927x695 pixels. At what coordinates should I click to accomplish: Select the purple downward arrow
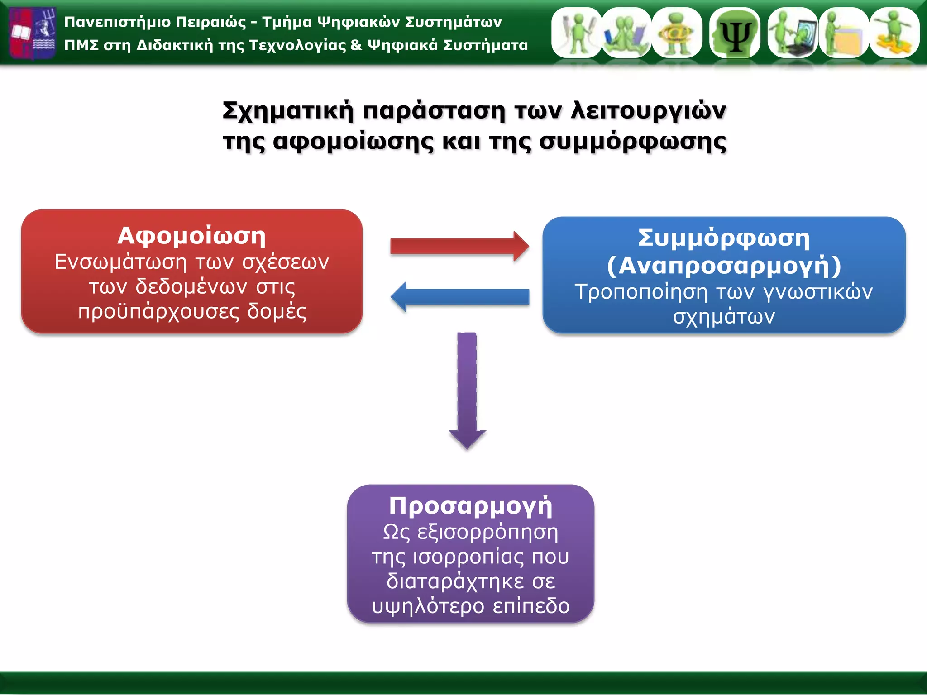[x=467, y=389]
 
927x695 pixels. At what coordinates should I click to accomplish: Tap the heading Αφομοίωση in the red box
[x=191, y=236]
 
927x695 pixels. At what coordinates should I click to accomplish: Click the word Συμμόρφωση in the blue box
[x=724, y=238]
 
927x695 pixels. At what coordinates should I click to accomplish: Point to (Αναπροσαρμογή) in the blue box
[x=724, y=266]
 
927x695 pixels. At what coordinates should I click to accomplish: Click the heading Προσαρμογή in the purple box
[x=471, y=505]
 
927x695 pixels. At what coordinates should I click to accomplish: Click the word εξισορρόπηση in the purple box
[x=487, y=532]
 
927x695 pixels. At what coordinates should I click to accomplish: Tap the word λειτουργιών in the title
[x=649, y=110]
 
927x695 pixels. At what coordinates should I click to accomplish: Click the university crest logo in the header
[x=33, y=33]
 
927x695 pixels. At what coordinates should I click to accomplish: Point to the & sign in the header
[x=356, y=45]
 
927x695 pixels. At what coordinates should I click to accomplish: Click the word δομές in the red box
[x=277, y=312]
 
